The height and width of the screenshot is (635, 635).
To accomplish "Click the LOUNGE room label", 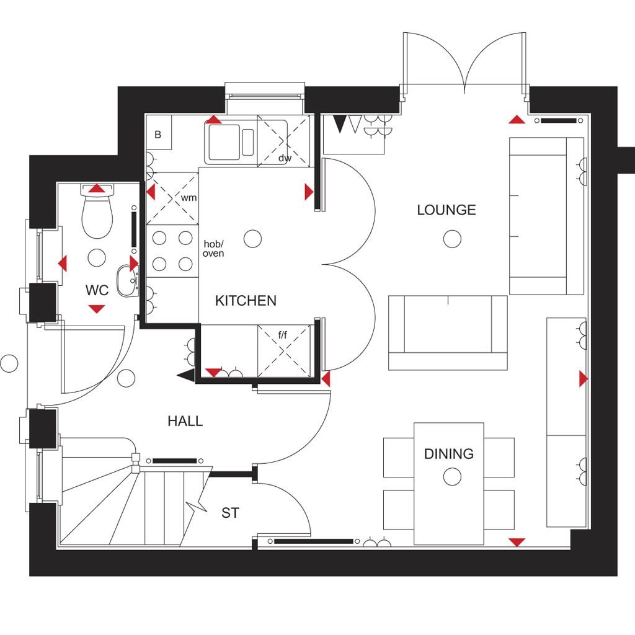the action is pos(446,210).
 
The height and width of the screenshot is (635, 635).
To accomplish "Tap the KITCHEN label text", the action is pos(246,301).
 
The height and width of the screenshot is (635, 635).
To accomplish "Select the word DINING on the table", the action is pos(449,454).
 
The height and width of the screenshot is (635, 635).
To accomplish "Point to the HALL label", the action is pos(185,421).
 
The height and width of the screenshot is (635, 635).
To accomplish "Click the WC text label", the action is pos(97,290).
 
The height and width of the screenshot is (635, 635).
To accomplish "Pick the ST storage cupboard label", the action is pos(231,513).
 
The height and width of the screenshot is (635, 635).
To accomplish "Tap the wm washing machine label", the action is pos(189,198).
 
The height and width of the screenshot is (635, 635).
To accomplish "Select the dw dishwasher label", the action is pos(285,158).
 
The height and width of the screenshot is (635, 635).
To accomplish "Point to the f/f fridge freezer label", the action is pos(283,335).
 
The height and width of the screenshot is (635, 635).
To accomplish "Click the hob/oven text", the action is pos(213,249).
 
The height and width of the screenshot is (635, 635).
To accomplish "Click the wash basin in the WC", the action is pos(128,281).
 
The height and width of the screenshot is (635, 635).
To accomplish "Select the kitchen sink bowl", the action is pos(224,142).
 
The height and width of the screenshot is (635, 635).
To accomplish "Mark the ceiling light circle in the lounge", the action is pos(452,239).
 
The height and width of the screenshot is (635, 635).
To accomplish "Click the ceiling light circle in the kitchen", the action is pos(253,239).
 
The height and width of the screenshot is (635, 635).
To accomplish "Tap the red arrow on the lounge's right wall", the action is pos(584,379).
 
